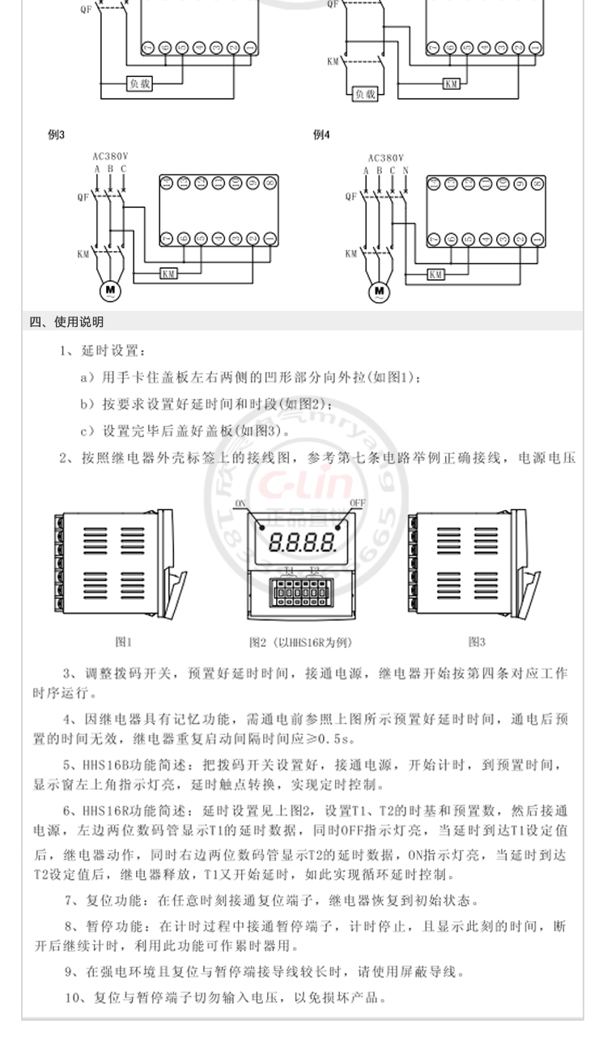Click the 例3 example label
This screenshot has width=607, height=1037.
tap(56, 135)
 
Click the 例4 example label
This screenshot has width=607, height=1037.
tap(321, 135)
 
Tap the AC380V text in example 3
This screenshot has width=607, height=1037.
tap(112, 157)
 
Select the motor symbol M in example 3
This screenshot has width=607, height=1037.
tap(109, 290)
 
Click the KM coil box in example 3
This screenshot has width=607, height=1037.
tap(169, 274)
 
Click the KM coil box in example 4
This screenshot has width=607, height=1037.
tap(436, 274)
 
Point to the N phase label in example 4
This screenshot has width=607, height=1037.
tap(405, 170)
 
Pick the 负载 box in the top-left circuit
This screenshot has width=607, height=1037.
tap(139, 83)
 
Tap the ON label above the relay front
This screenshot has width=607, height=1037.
tap(240, 504)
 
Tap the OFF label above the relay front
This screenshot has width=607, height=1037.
tap(357, 504)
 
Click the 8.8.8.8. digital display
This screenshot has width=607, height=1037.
tap(302, 542)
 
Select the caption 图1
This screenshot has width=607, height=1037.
tap(123, 642)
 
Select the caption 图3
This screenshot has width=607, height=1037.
tap(477, 642)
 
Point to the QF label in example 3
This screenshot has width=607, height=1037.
tap(82, 196)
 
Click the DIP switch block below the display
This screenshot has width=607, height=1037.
tap(302, 592)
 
